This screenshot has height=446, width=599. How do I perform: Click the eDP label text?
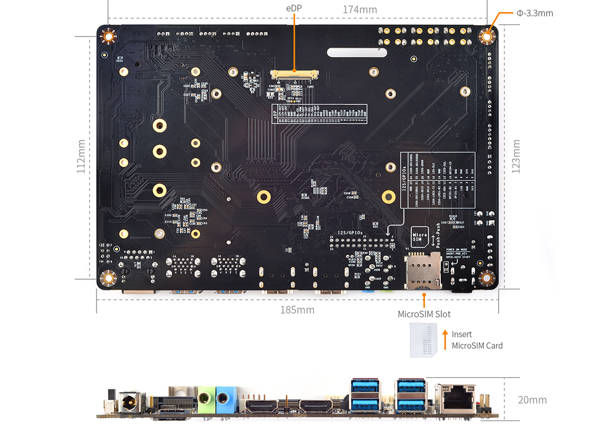pos(293,9)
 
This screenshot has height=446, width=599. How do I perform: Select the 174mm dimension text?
pos(360,10)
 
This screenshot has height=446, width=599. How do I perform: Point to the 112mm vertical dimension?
pos(81,156)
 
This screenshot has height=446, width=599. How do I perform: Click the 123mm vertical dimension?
pos(516,156)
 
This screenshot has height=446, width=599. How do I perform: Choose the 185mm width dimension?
pos(297,310)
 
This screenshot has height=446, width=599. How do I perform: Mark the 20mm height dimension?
pos(532,400)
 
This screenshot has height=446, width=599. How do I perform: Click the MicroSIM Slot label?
pos(424,314)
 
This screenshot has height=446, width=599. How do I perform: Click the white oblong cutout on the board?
pos(357,53)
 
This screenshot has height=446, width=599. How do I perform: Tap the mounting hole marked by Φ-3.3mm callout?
pos(487,36)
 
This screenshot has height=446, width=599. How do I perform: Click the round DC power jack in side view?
pos(131,404)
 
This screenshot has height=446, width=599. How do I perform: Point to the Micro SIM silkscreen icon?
pos(419,237)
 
